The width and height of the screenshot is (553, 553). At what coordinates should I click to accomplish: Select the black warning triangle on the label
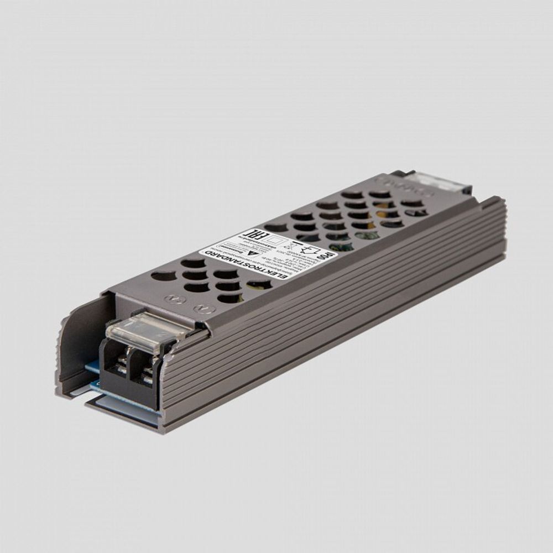coord(252,252)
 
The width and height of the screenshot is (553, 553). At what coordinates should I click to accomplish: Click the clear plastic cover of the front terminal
coord(145,332)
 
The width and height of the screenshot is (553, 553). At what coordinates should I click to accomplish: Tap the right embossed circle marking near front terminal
coord(202,309)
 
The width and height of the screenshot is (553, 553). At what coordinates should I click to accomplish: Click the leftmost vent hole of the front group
coord(163,275)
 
